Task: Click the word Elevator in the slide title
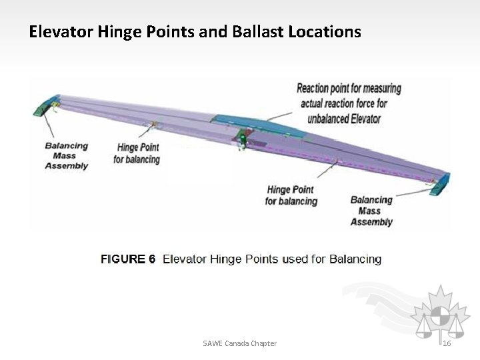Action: coord(59,31)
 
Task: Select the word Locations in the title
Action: coord(325,31)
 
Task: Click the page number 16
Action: coord(447,343)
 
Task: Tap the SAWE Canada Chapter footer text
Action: coord(239,343)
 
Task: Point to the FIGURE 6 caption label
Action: coord(127,259)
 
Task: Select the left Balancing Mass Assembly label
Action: coord(66,156)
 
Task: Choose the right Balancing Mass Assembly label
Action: coord(371,211)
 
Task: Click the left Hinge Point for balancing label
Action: coord(138,153)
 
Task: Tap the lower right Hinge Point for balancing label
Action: coord(291,195)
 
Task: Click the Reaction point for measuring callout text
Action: coord(349,88)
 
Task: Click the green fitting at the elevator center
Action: coord(240,138)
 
